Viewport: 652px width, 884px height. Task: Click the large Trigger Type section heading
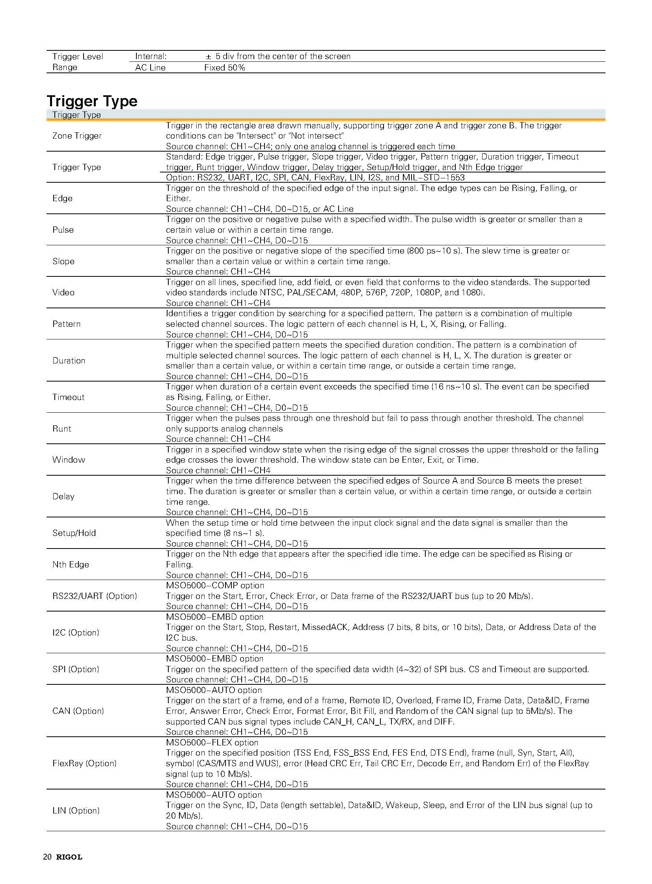click(x=92, y=101)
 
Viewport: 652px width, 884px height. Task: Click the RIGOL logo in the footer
click(x=69, y=857)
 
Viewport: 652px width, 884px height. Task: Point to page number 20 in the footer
click(x=47, y=857)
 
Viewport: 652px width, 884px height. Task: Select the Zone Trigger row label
click(x=77, y=136)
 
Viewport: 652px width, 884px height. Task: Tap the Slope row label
click(x=63, y=261)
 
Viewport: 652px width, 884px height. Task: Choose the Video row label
click(x=63, y=293)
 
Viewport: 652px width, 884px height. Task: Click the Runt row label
click(x=61, y=429)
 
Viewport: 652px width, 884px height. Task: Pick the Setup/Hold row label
click(x=74, y=533)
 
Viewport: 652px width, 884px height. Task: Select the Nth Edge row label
click(x=71, y=565)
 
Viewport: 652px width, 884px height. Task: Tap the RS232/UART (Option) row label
click(x=95, y=596)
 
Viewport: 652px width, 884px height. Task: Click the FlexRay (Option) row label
click(x=84, y=764)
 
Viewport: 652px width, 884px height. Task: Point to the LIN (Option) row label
click(x=76, y=811)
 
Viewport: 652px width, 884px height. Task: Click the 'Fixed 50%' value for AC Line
click(x=225, y=68)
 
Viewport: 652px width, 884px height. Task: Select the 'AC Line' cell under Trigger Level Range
click(x=150, y=68)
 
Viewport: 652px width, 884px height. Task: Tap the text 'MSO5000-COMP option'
click(x=215, y=586)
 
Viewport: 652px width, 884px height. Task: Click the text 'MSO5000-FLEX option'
click(x=212, y=743)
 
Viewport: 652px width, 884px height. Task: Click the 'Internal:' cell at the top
click(x=151, y=56)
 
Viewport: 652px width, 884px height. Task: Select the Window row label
click(x=69, y=460)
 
